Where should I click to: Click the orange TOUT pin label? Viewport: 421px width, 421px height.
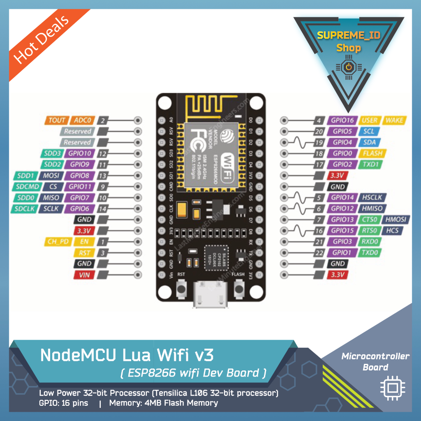[x=57, y=120]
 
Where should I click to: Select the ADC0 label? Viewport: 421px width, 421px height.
[x=83, y=120]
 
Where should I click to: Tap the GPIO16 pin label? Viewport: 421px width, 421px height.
[x=342, y=120]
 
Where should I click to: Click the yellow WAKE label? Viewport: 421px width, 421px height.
[x=394, y=120]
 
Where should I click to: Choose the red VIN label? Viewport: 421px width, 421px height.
[x=85, y=274]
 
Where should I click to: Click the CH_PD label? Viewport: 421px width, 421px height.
[x=58, y=241]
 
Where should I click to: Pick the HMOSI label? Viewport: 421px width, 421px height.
[x=396, y=219]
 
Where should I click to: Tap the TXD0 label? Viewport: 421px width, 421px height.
[x=370, y=252]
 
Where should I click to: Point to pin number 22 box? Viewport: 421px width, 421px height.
[x=319, y=252]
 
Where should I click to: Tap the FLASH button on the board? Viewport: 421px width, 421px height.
[x=238, y=289]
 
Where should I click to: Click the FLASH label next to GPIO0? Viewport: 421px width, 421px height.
[x=372, y=153]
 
